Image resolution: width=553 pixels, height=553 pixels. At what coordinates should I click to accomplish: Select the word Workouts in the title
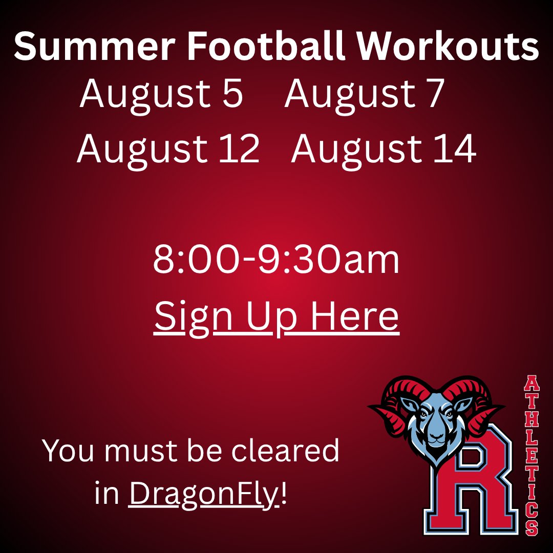pyautogui.click(x=448, y=48)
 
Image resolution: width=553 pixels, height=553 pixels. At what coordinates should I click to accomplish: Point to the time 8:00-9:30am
pyautogui.click(x=276, y=260)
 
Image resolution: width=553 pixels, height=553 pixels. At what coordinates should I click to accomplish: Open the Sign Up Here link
pyautogui.click(x=276, y=316)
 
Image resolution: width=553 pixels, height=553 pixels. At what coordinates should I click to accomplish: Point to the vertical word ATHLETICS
pyautogui.click(x=531, y=456)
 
